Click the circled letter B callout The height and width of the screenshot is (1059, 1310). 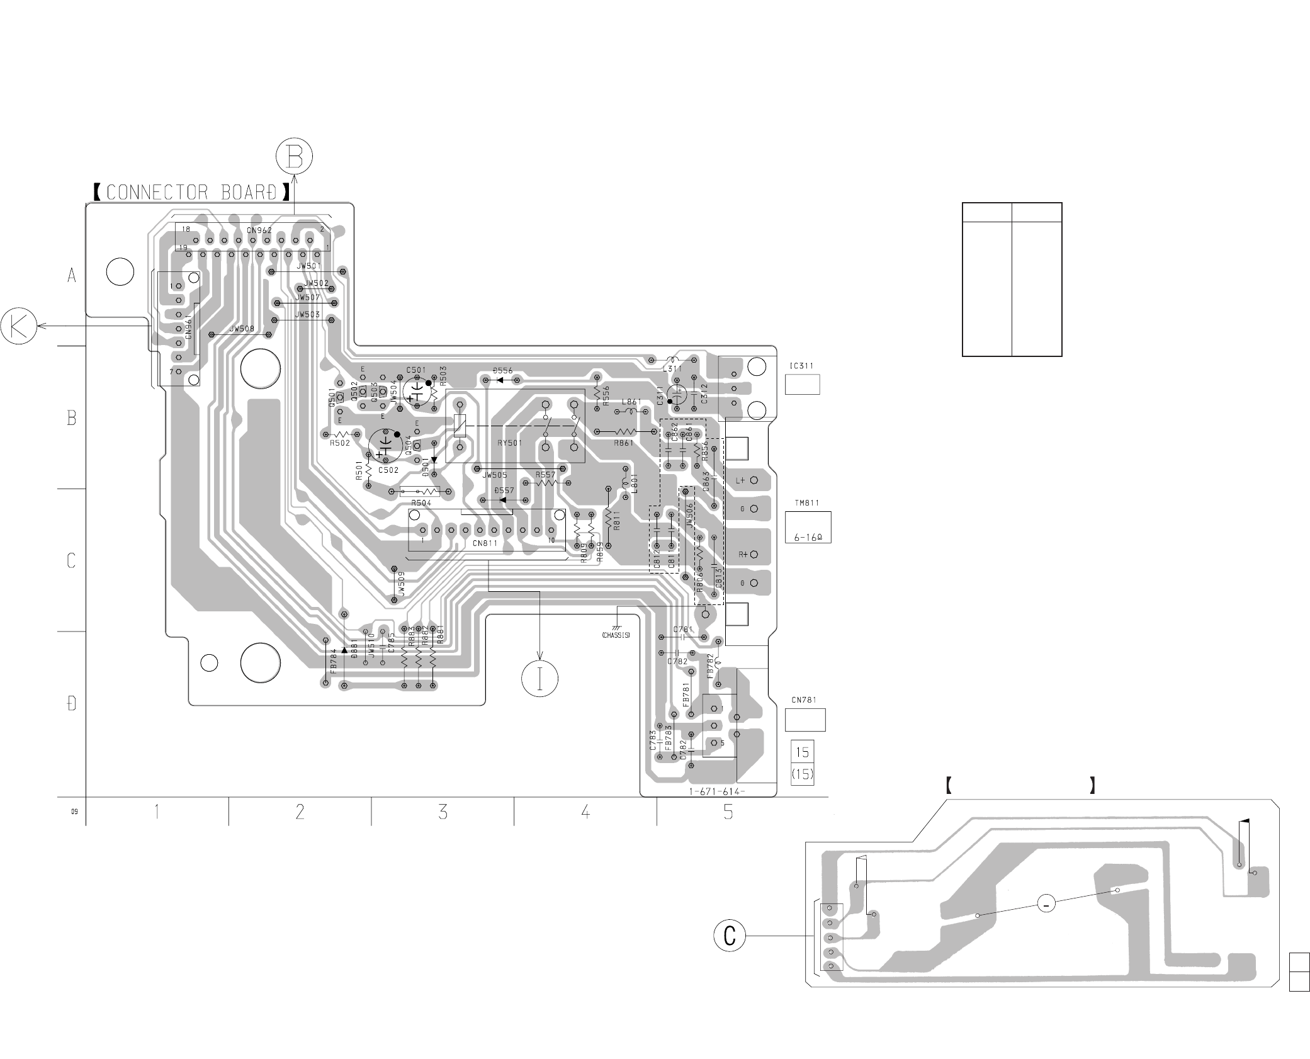coord(294,156)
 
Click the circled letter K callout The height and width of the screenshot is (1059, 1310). coord(18,326)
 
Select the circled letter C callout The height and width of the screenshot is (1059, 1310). coord(730,936)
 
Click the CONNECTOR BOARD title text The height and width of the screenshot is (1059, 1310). coord(191,192)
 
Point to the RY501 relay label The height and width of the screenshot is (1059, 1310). coord(510,443)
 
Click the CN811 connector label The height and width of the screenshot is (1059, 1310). coord(484,543)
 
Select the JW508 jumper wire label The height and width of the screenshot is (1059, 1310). coord(242,329)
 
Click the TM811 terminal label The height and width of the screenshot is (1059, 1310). coord(807,503)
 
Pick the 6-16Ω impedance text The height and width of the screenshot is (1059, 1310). coord(808,538)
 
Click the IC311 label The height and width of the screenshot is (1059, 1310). coord(801,365)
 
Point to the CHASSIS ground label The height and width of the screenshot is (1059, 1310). coord(616,635)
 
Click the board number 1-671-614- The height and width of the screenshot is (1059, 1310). coord(717,792)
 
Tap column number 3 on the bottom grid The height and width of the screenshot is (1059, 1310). coord(443,812)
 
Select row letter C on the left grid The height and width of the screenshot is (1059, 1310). coord(71,560)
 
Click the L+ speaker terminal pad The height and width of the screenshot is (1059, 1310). coord(754,480)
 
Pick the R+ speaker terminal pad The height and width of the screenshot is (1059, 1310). coord(754,555)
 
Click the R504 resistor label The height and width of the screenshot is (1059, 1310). coord(421,503)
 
